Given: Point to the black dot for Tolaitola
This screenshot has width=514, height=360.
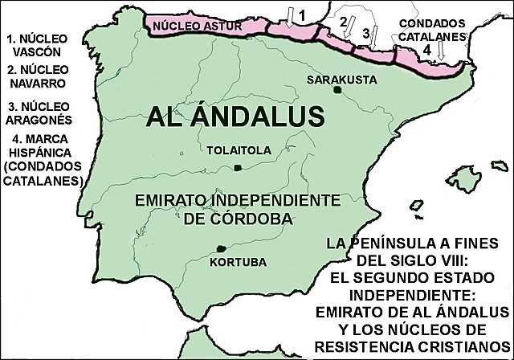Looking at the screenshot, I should [238, 167].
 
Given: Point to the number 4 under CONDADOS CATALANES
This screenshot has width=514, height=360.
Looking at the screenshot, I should [427, 49].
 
